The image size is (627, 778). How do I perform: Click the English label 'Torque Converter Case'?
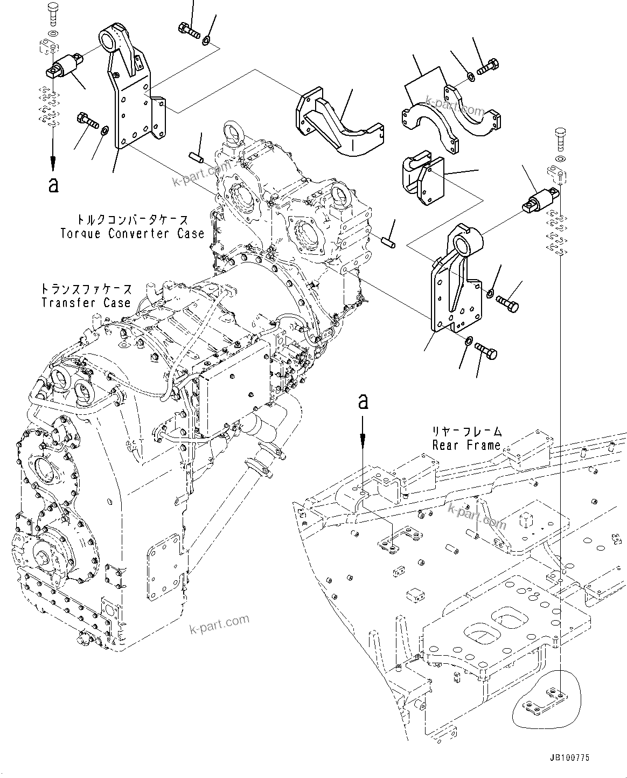point(132,233)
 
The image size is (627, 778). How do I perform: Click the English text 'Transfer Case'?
point(86,302)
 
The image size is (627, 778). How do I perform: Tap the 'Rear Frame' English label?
point(466,445)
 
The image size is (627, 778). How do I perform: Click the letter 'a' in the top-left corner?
point(53,184)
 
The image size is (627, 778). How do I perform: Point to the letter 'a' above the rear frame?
point(364,401)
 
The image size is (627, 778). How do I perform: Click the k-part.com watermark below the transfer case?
point(220,624)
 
